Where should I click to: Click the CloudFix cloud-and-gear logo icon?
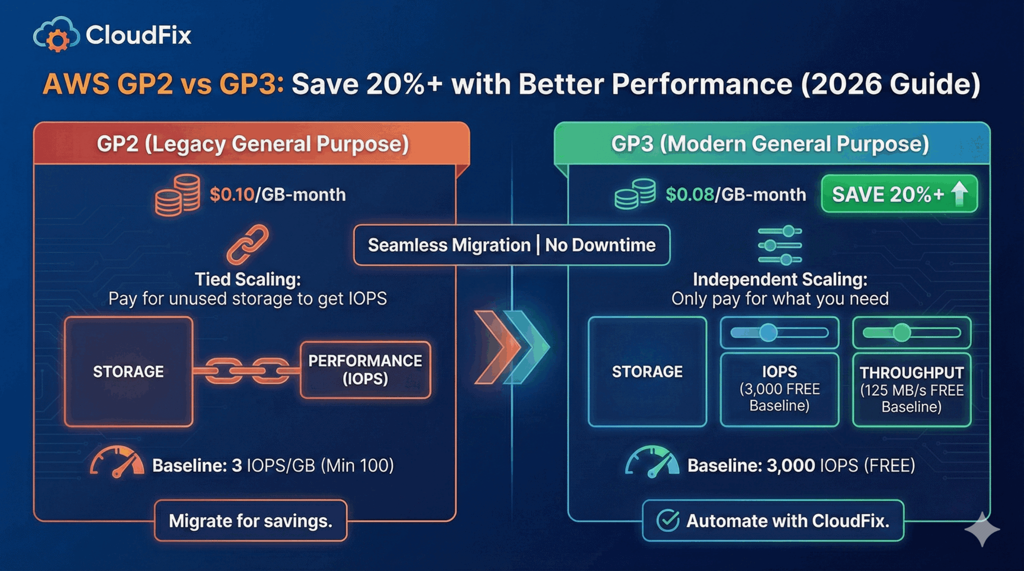point(56,35)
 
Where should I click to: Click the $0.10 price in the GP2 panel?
point(232,194)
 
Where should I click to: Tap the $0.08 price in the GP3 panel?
point(689,194)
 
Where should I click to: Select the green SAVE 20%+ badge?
point(898,194)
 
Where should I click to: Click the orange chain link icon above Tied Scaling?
point(247,244)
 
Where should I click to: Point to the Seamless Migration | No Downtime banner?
point(511,245)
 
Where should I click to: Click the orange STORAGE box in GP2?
point(128,372)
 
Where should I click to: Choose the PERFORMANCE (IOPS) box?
point(365,370)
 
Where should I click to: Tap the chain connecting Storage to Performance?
point(246,371)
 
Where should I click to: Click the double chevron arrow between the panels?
point(511,348)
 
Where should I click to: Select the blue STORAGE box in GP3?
point(647,372)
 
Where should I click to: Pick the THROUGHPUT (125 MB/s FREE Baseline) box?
point(911,390)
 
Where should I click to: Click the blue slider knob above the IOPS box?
point(768,332)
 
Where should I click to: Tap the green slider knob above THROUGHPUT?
point(901,332)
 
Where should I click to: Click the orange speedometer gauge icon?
point(117,463)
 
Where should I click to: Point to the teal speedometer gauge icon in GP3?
point(651,463)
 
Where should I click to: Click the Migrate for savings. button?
point(250,521)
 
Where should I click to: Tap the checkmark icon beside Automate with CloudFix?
point(667,521)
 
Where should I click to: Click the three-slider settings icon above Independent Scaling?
point(779,245)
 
